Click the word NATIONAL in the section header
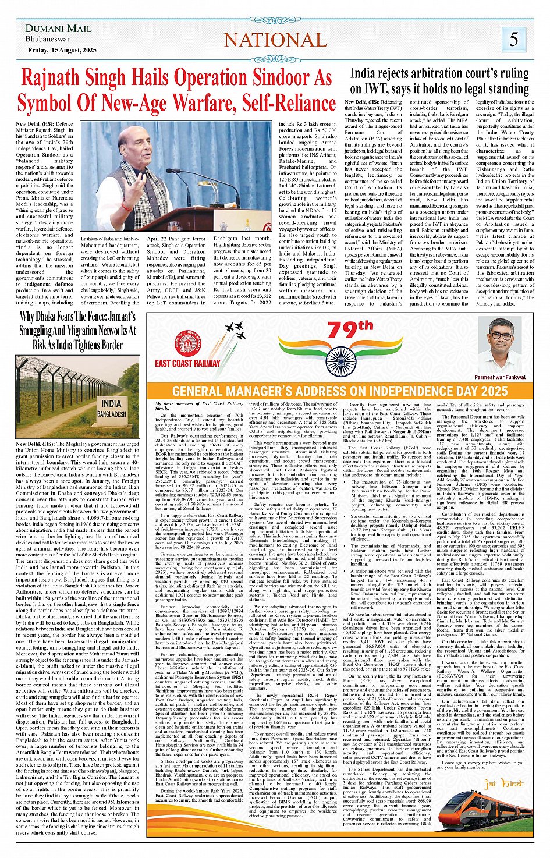pyautogui.click(x=275, y=40)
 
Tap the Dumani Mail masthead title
pyautogui.click(x=58, y=28)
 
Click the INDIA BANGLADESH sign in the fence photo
pyautogui.click(x=110, y=408)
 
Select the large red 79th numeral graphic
pyautogui.click(x=349, y=331)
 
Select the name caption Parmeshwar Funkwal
pyautogui.click(x=499, y=377)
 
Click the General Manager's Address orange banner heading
pyautogui.click(x=340, y=391)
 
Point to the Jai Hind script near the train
pyautogui.click(x=504, y=784)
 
